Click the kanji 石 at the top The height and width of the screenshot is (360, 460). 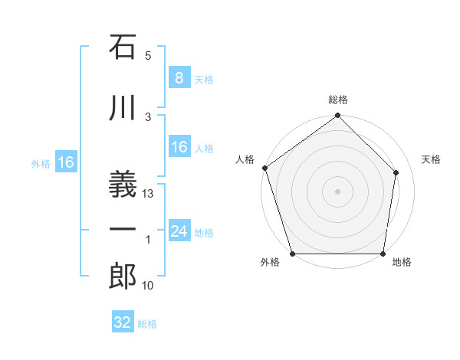123,47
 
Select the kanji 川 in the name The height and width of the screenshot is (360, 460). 123,109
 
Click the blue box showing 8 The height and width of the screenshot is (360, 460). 179,77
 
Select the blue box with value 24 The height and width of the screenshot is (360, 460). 179,231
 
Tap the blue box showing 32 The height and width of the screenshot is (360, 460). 123,322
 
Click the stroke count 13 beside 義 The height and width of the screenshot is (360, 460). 149,194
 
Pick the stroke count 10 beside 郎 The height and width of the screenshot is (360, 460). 149,286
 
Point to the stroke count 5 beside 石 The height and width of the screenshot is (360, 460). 148,56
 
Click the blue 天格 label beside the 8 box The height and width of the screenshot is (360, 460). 204,79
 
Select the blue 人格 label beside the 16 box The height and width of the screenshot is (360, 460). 204,149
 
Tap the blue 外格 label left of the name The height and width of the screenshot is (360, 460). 41,163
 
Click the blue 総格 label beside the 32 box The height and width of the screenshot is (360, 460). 147,324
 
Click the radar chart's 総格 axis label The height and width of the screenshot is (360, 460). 338,100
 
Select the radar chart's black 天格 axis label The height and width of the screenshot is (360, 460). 432,159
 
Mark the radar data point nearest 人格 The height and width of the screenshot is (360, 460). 264,169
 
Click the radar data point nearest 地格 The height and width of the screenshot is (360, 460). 383,254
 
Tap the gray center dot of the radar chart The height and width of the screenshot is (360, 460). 337,191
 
